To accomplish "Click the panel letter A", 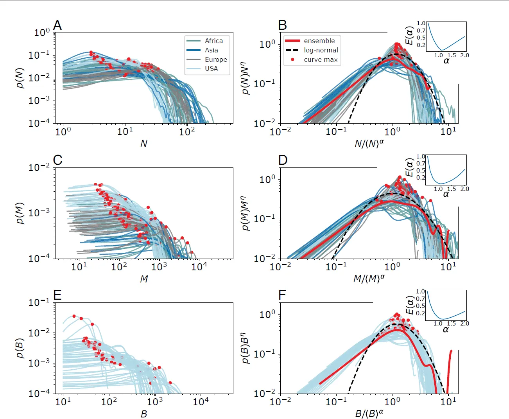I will tap(57, 25).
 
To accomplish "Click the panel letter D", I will tap(283, 160).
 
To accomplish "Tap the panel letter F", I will tap(282, 295).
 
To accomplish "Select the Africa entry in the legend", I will tap(213, 41).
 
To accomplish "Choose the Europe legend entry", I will tap(215, 59).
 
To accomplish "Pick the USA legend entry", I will tap(211, 68).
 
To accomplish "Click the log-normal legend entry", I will tap(321, 50).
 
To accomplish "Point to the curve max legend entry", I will tap(320, 59).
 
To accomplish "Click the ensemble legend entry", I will tap(319, 41).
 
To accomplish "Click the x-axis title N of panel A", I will tap(143, 144).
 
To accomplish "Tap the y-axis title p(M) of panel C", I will tap(20, 213).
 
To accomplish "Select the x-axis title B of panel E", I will tap(143, 414).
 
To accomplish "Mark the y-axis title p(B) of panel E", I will tap(20, 348).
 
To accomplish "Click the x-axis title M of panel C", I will tap(144, 279).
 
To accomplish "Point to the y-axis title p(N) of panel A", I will tap(20, 77).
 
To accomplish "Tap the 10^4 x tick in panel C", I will tap(199, 267).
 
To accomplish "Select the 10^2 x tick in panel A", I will tap(186, 132).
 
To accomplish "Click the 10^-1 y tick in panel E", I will tap(39, 302).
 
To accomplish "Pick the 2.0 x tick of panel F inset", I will tap(464, 324).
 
